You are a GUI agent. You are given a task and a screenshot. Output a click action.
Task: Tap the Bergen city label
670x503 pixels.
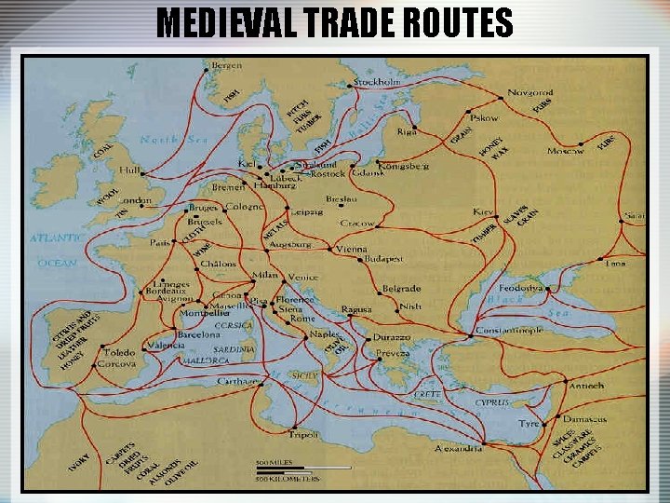pyautogui.click(x=227, y=66)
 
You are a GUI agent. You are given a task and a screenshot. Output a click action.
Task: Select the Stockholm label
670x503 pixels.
pyautogui.click(x=377, y=82)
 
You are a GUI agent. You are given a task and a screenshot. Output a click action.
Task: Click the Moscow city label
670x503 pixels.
pyautogui.click(x=566, y=150)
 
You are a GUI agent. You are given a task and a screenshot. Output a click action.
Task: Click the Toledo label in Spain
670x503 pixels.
pyautogui.click(x=120, y=353)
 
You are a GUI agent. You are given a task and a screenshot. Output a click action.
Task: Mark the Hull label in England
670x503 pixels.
pyautogui.click(x=130, y=171)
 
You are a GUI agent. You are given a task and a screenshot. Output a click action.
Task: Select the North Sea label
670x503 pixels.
pyautogui.click(x=172, y=140)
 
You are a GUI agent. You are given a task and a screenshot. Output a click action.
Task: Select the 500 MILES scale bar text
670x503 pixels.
pyautogui.click(x=276, y=463)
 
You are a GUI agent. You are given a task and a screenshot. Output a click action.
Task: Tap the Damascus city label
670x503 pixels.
pyautogui.click(x=584, y=419)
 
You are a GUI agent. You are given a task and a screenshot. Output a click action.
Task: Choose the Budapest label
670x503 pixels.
pyautogui.click(x=382, y=258)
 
